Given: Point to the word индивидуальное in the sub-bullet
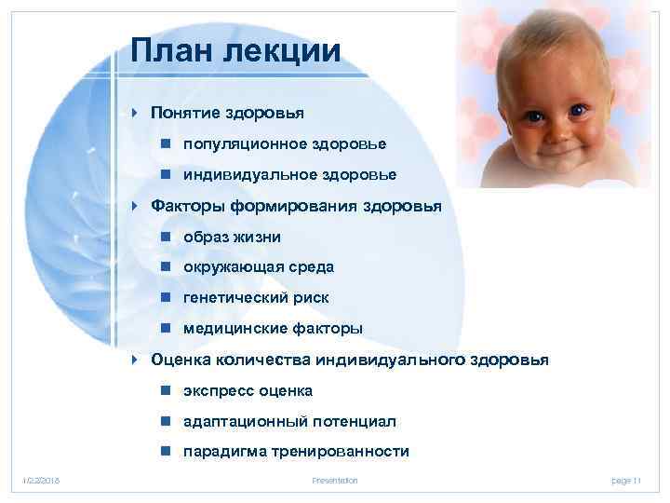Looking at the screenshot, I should pyautogui.click(x=236, y=175).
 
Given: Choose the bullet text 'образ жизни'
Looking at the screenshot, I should pyautogui.click(x=232, y=237).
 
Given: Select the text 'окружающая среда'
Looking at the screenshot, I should pyautogui.click(x=258, y=267).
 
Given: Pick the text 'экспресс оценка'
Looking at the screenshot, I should pyautogui.click(x=248, y=390).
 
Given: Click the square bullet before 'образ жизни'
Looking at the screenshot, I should pyautogui.click(x=164, y=237).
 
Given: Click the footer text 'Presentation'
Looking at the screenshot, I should pyautogui.click(x=336, y=480).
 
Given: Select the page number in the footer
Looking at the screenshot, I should pyautogui.click(x=626, y=480).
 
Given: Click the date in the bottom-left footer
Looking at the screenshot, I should pyautogui.click(x=41, y=480).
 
